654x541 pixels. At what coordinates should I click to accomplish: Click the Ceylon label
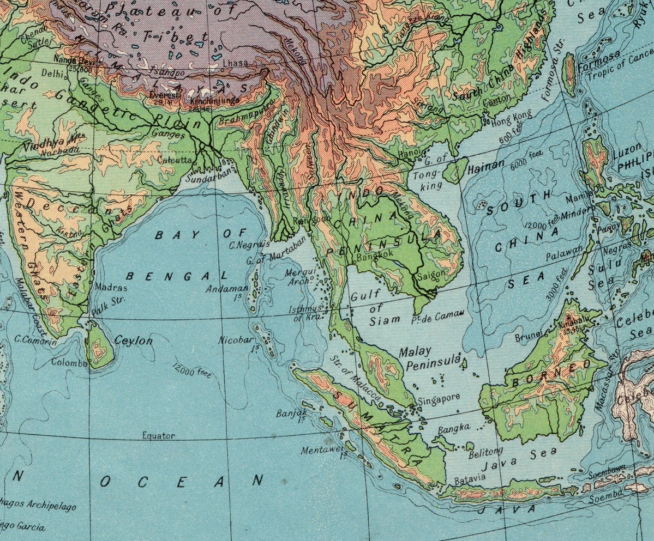(134, 341)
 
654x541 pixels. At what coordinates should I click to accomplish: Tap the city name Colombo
(69, 362)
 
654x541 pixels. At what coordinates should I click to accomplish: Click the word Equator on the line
(158, 435)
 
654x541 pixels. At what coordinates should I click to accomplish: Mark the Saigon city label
(431, 275)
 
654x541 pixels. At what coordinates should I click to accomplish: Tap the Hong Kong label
(511, 116)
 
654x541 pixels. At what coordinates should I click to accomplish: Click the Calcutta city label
(175, 160)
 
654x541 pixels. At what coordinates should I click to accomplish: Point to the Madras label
(111, 287)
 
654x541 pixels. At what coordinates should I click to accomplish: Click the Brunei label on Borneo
(528, 336)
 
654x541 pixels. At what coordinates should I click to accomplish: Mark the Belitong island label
(485, 451)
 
